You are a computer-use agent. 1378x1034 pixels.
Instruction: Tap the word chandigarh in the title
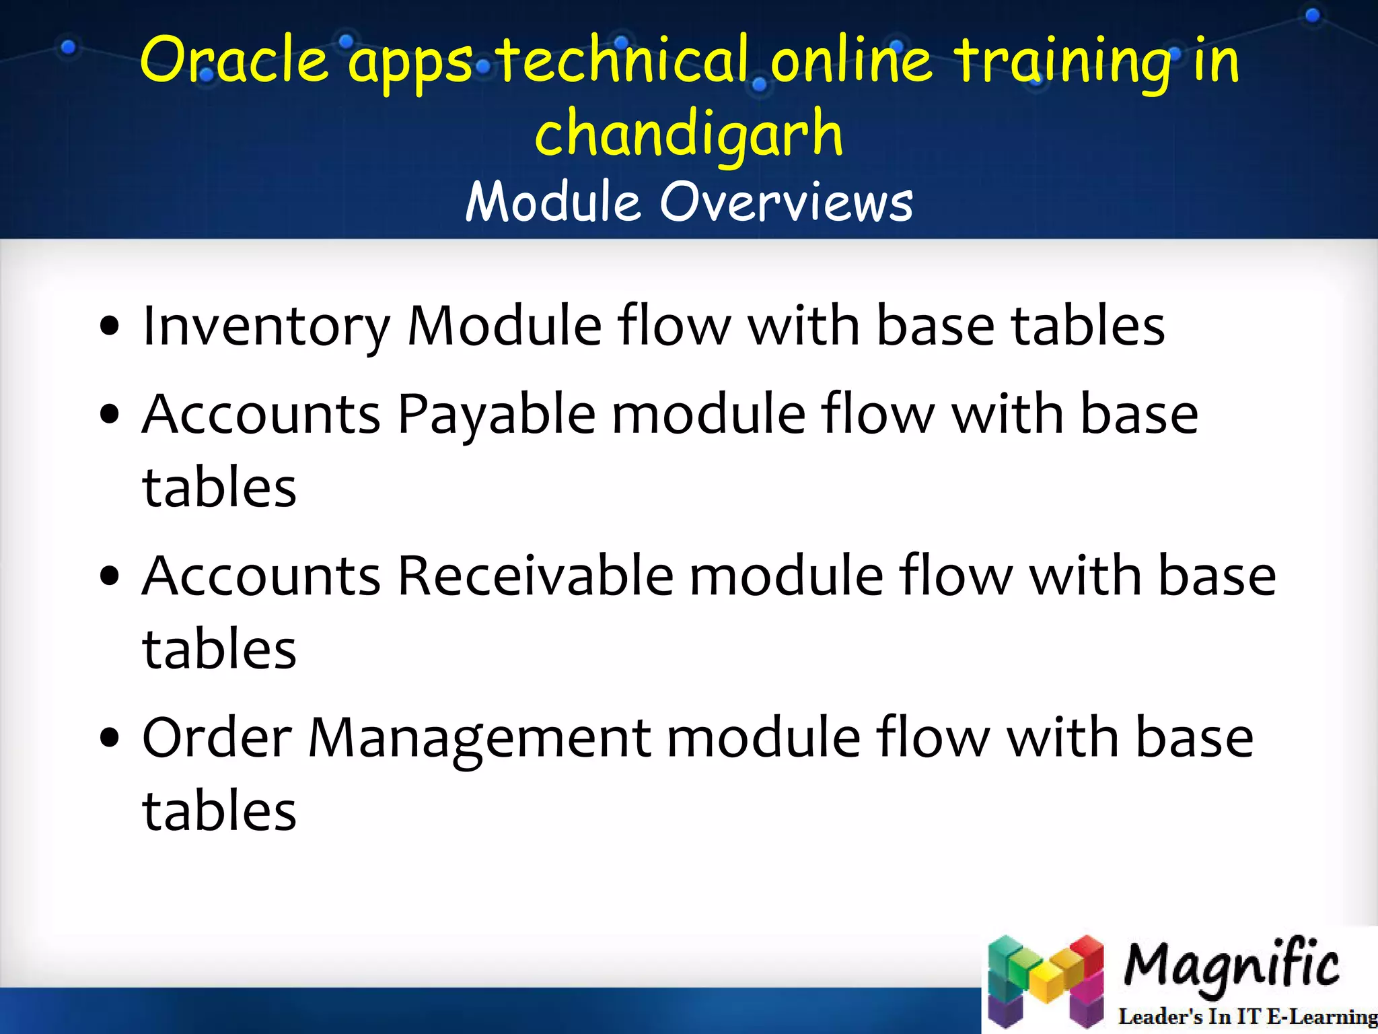point(688,134)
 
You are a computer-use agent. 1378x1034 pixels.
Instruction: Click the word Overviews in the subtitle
point(786,202)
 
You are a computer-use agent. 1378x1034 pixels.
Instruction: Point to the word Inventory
point(266,327)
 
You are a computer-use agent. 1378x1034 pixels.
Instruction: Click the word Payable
point(497,414)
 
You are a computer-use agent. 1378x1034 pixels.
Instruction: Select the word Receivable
point(536,576)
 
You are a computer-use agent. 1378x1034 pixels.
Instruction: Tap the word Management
point(479,738)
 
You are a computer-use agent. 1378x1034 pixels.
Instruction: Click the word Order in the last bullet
point(217,738)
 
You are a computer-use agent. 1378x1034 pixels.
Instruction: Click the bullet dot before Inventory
point(109,327)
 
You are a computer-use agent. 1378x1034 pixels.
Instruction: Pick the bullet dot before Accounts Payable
point(109,414)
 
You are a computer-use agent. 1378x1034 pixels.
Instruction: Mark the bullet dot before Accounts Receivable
point(109,576)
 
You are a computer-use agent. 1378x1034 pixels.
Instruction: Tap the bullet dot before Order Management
point(109,738)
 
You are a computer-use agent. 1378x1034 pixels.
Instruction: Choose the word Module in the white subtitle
point(552,202)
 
